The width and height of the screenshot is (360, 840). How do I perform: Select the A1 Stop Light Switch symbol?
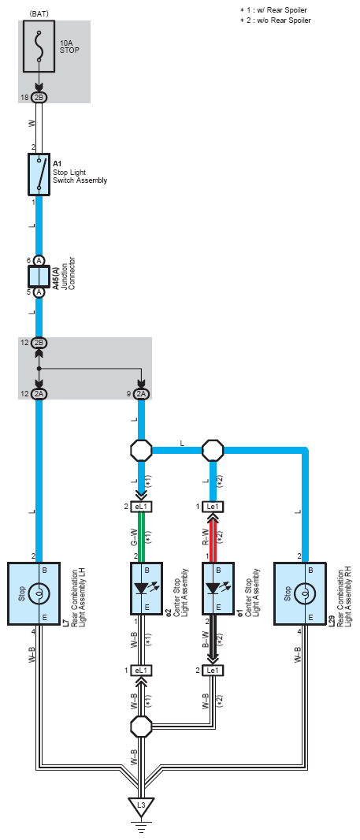39,174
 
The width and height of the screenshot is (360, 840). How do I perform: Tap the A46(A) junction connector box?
39,277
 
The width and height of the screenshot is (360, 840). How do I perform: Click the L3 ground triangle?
141,805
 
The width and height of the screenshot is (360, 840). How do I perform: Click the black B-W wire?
213,639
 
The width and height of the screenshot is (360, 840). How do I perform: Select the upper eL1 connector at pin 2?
142,507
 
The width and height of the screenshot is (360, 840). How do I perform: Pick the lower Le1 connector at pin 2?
213,670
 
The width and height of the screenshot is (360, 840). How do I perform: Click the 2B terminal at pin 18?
39,98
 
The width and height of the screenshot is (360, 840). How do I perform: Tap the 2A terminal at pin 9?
142,394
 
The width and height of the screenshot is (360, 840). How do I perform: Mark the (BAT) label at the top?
39,14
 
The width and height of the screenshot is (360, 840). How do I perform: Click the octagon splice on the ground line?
142,727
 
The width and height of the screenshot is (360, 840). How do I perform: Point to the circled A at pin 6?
39,260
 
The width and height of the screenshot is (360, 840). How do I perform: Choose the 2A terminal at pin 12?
39,394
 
